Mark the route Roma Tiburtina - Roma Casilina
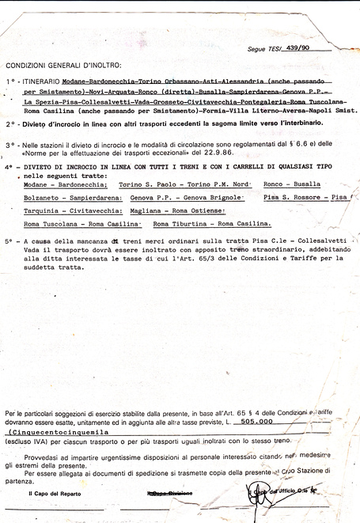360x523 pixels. (x=214, y=223)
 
